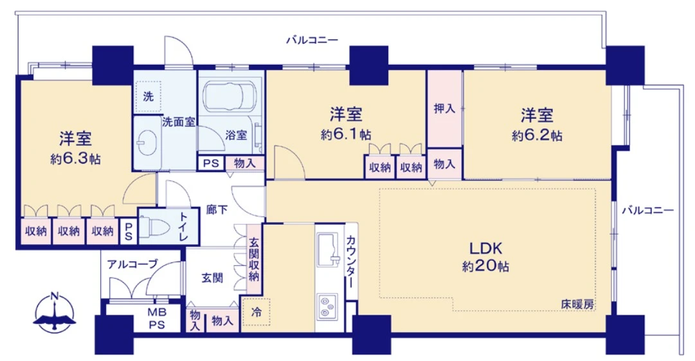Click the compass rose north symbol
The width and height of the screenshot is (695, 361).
pos(55,312)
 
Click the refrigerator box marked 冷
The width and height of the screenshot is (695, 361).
pos(257,313)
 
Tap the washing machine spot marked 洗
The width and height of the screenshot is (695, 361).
pos(148,97)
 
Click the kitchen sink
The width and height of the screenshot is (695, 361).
pos(329,249)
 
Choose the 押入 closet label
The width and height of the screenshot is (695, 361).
pos(444,109)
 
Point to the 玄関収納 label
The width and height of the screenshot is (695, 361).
pos(254,260)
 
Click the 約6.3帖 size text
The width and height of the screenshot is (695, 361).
pos(75,159)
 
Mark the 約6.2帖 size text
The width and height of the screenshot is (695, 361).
pos(537,136)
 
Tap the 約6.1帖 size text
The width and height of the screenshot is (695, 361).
pos(346,135)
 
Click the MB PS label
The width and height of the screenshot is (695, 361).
pos(156,319)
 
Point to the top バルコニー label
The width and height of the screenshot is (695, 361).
pos(312,40)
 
